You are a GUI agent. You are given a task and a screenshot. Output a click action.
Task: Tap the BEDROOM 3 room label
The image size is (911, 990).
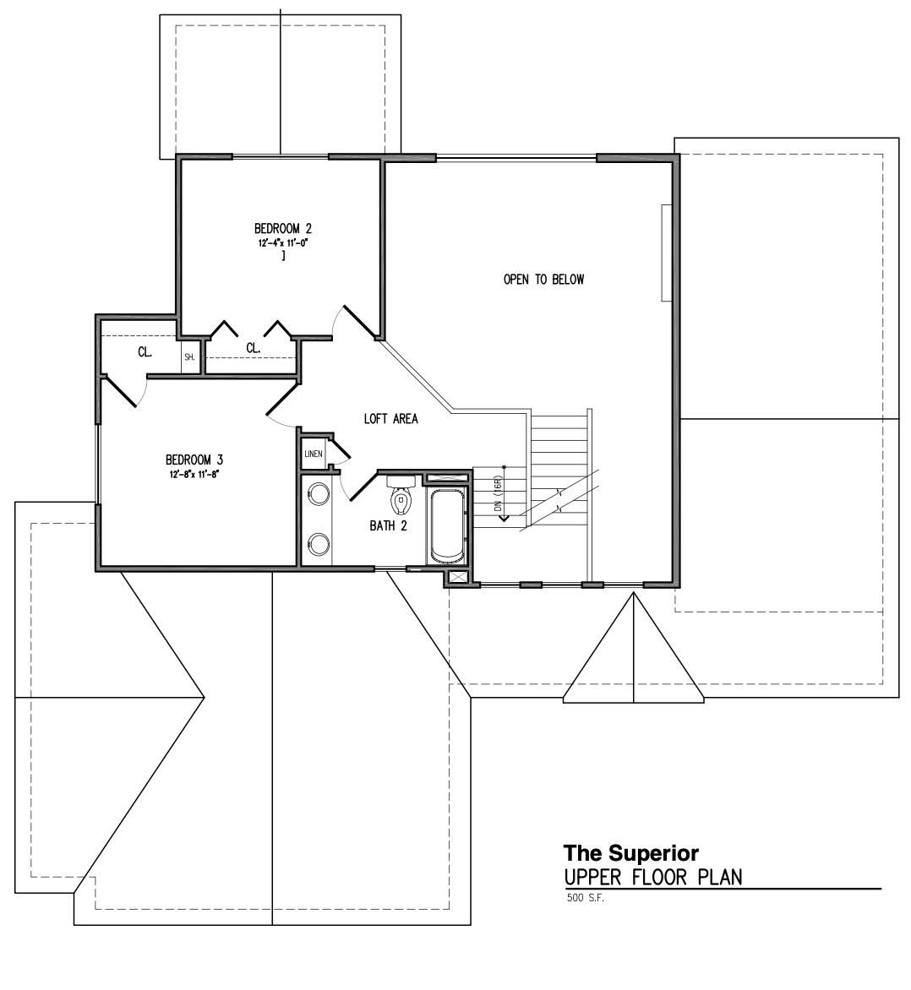[194, 460]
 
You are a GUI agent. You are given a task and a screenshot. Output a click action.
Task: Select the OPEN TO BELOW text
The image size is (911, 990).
[543, 280]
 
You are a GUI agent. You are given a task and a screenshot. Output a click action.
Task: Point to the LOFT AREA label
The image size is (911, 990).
[390, 418]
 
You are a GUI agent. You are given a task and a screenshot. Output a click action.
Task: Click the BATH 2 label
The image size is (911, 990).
[388, 525]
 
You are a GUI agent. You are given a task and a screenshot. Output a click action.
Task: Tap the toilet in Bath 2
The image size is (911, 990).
[401, 499]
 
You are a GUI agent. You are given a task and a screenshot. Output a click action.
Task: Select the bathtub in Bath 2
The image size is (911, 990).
[447, 526]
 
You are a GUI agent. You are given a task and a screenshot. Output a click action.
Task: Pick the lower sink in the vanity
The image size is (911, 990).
[318, 545]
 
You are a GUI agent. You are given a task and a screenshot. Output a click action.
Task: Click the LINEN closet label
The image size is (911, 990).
[313, 454]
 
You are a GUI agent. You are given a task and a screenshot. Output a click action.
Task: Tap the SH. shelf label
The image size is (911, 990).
[189, 357]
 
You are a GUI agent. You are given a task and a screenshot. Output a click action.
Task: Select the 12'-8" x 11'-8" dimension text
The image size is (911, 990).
[194, 474]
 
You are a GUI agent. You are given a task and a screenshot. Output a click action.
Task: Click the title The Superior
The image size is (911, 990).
[630, 852]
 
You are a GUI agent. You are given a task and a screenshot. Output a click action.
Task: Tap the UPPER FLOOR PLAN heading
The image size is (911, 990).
[653, 877]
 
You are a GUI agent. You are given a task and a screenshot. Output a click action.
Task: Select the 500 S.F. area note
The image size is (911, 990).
[586, 898]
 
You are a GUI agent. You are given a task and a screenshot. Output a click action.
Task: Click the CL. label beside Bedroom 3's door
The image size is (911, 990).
[145, 351]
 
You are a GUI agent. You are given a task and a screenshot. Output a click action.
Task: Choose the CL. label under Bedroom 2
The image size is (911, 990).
[253, 348]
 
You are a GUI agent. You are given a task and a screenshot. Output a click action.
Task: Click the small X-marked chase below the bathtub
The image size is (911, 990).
[457, 578]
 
